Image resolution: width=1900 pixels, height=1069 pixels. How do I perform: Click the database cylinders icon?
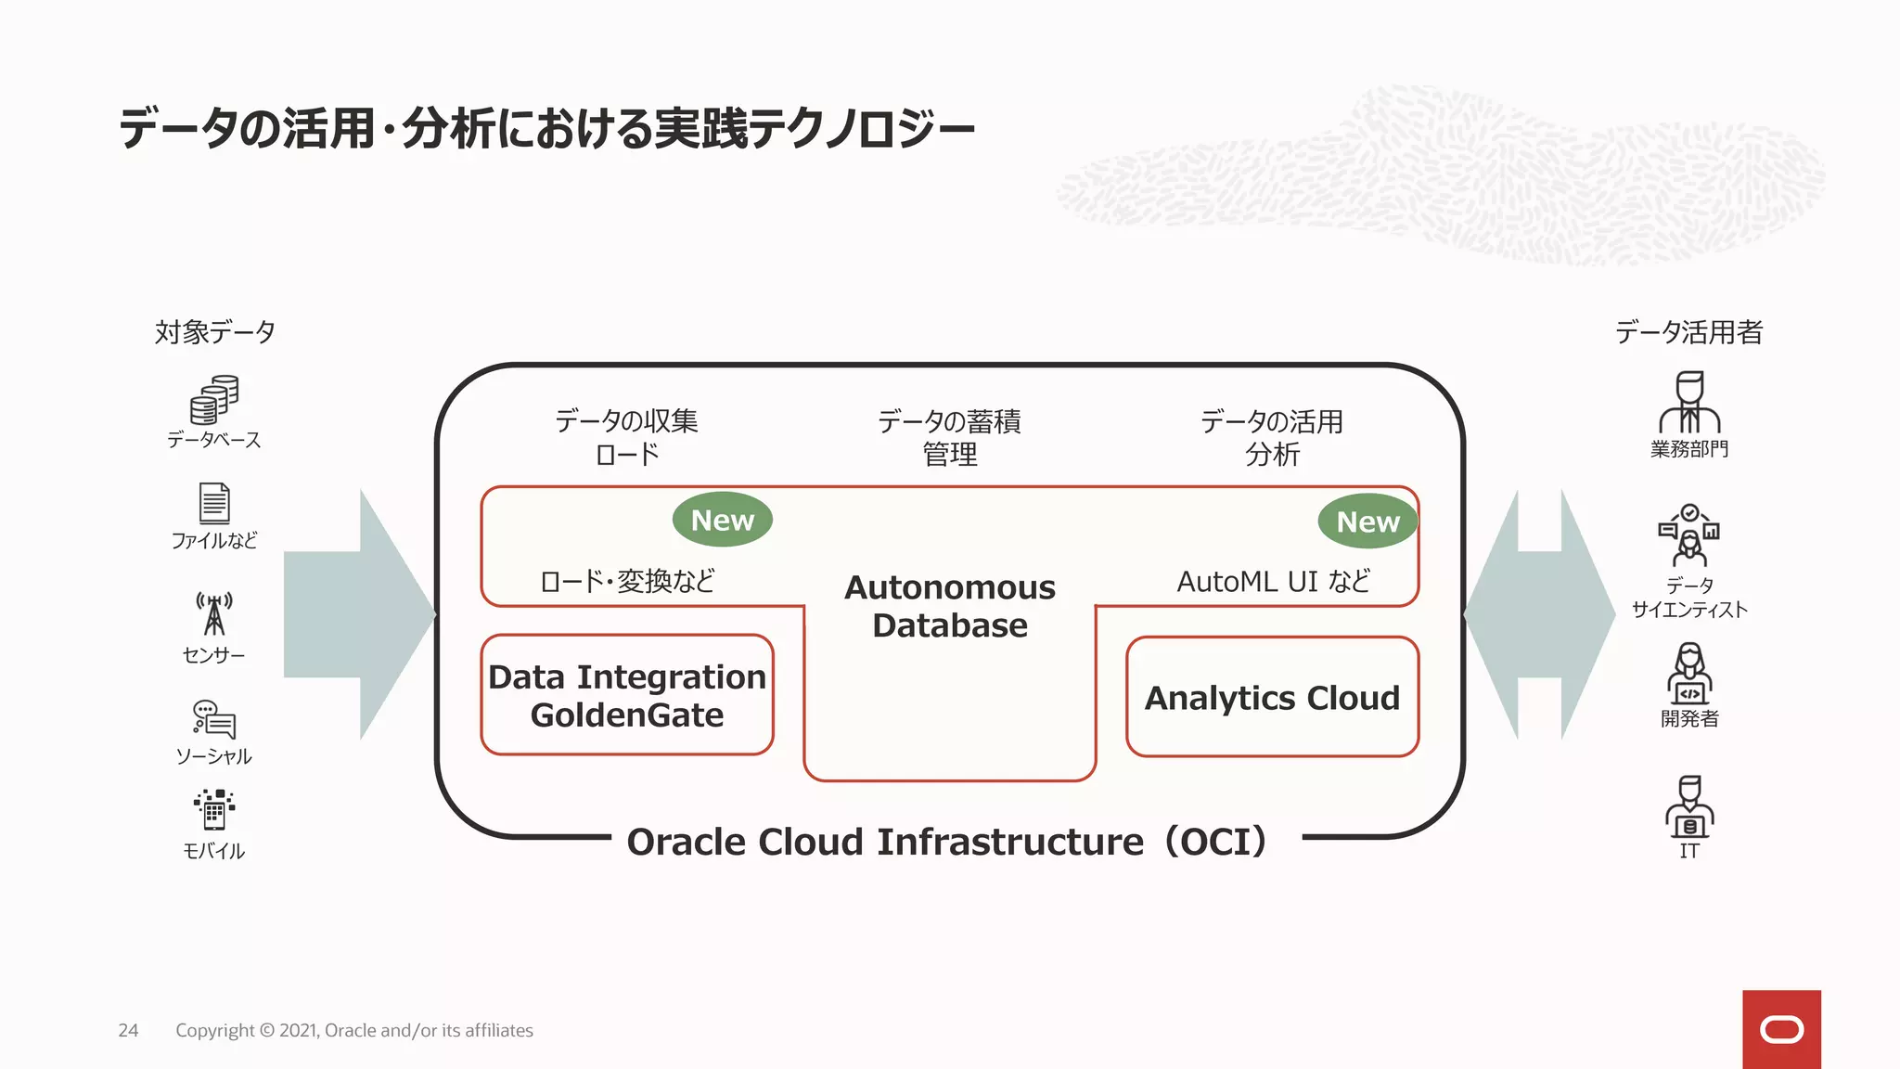(214, 400)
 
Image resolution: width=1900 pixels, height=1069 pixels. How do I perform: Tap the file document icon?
(214, 503)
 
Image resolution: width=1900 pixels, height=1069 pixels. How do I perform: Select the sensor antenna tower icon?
(214, 614)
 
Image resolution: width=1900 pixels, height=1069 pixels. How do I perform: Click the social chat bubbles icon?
(214, 719)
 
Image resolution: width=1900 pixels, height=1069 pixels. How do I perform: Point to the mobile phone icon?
(214, 810)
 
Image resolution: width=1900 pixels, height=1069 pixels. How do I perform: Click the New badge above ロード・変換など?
(722, 520)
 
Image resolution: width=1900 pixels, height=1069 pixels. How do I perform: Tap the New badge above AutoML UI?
(1367, 522)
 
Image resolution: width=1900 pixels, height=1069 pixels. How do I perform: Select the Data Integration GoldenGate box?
(627, 695)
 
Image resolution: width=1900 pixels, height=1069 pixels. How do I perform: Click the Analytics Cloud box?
(1272, 697)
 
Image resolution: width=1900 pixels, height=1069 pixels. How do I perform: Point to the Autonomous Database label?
(950, 606)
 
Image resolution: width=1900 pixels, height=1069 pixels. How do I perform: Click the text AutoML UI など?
(1273, 582)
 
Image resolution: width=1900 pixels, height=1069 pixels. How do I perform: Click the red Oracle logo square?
(1781, 1029)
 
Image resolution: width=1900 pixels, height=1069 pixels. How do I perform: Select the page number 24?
(128, 1030)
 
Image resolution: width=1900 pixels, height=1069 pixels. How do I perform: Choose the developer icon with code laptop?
(1689, 674)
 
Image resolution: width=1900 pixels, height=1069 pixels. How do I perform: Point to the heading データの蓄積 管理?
(949, 438)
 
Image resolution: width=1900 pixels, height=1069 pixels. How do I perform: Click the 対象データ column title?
(214, 332)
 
